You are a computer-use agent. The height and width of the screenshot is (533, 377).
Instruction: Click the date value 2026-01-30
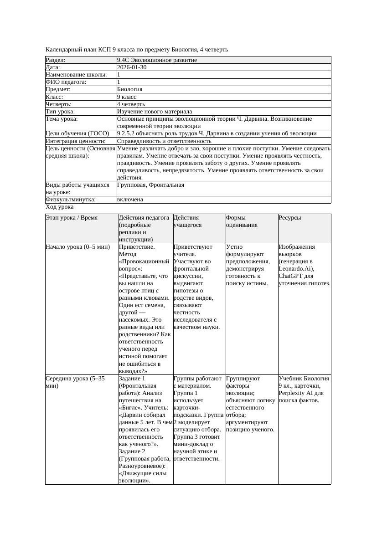(132, 67)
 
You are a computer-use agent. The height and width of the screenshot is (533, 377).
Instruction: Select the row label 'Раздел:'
(56, 60)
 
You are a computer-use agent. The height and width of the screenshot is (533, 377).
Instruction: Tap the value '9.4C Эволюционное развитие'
(157, 60)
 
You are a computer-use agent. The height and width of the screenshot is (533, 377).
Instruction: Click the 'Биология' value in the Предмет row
(130, 89)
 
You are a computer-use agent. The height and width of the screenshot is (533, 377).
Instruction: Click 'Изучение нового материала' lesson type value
(155, 112)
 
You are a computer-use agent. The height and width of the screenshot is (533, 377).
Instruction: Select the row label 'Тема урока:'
(62, 119)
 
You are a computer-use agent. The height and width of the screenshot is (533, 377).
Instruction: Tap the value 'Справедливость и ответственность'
(164, 141)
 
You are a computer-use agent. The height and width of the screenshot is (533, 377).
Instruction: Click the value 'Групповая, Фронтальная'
(150, 185)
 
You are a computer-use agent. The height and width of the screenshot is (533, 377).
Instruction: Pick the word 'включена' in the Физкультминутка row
(130, 200)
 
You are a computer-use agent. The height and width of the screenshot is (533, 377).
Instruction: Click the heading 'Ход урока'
(59, 207)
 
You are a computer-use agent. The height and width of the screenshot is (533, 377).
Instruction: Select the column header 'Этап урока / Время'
(72, 218)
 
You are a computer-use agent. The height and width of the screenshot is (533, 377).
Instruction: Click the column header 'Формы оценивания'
(242, 221)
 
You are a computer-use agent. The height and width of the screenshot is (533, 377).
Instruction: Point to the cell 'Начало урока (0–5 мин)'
(78, 247)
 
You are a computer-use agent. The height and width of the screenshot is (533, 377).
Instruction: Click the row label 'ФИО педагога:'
(66, 82)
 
